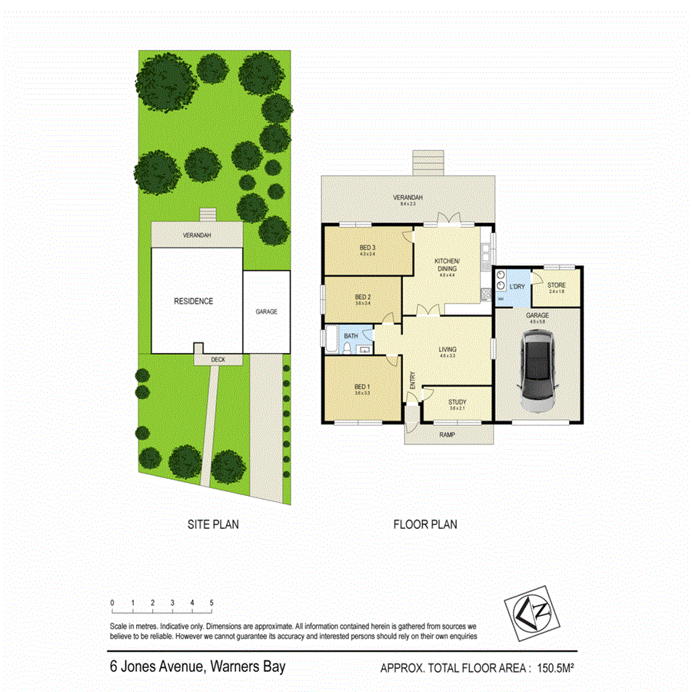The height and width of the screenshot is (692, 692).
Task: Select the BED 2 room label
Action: [364, 297]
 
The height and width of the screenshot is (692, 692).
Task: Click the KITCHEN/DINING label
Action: [447, 265]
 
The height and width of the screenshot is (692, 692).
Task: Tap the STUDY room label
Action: [457, 401]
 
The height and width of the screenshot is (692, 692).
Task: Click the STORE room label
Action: [557, 285]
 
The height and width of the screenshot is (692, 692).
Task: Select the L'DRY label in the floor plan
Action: [517, 287]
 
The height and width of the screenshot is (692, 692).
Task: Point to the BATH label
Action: [351, 336]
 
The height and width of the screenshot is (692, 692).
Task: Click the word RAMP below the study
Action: [447, 434]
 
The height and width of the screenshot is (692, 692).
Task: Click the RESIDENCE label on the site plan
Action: [193, 301]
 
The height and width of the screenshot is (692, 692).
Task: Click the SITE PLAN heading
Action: [213, 525]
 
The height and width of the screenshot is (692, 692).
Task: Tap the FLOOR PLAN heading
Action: [425, 525]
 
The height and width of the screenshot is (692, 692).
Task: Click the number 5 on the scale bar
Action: [211, 603]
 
